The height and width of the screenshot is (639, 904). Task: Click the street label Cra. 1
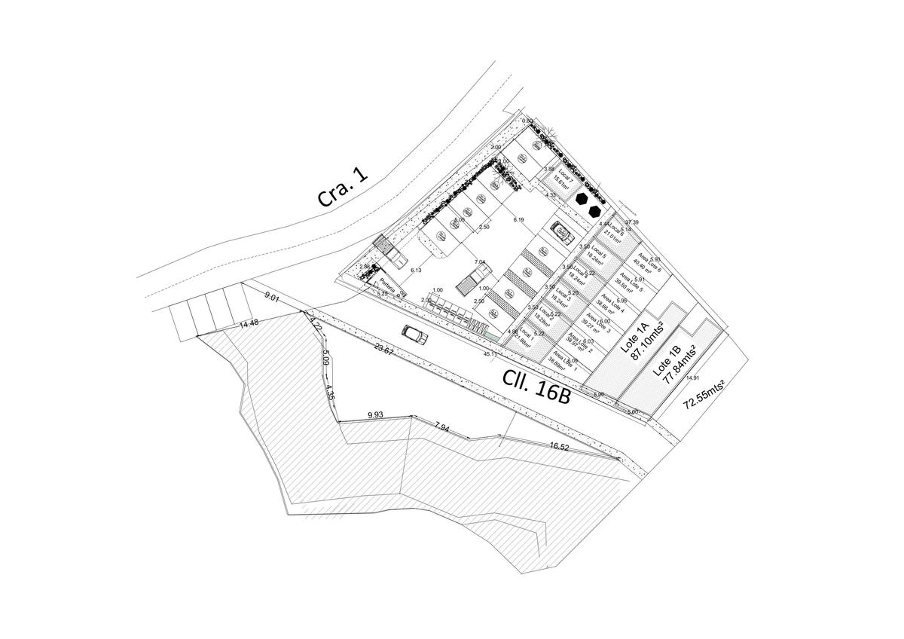point(344,188)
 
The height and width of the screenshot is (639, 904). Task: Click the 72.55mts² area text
point(704,394)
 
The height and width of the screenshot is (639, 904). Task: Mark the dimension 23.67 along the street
point(383,350)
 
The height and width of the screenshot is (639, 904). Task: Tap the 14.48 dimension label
point(249,324)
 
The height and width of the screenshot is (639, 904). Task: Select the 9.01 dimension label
point(272,298)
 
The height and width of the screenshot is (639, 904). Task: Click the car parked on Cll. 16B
point(415,335)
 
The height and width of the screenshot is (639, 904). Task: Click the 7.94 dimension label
point(442,427)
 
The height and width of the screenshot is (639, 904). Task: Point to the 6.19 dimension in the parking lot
point(518,219)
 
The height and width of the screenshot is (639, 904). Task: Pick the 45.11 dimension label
point(489,353)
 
